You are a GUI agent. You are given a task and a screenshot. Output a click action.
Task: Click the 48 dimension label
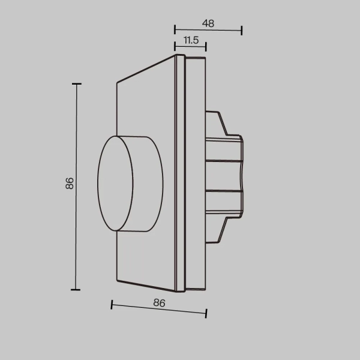pos(208,24)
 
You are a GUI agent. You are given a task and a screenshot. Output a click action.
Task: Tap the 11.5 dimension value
pos(191,40)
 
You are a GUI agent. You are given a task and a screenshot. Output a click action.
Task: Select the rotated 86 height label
pos(70,184)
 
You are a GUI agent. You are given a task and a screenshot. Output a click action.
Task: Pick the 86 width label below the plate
pos(159,303)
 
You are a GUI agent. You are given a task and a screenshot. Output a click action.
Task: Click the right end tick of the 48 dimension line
pos(242,30)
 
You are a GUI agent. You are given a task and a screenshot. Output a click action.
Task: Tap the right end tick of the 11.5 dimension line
pos(206,46)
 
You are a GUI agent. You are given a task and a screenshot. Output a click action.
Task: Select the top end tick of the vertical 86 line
pos(76,85)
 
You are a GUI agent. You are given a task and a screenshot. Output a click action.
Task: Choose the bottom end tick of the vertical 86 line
pos(76,289)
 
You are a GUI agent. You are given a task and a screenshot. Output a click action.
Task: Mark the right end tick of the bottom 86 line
pos(206,313)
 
